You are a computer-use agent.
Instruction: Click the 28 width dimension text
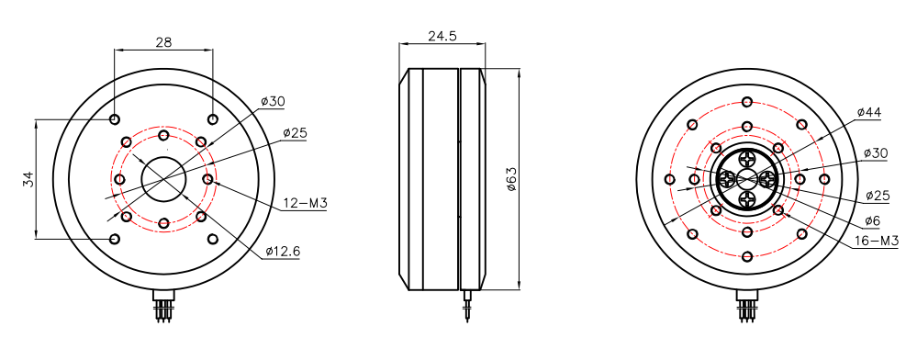point(163,41)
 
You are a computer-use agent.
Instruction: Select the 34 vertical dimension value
point(27,179)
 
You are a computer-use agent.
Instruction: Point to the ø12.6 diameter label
point(283,251)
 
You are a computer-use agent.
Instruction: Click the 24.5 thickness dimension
point(442,37)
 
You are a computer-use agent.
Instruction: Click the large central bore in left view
point(163,179)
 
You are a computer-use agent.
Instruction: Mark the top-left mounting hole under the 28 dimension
point(114,119)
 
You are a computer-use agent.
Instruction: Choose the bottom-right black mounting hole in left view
point(213,239)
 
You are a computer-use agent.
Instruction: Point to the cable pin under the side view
point(469,308)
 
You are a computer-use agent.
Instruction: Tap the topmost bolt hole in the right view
point(747,101)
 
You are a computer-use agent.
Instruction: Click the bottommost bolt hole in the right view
point(747,256)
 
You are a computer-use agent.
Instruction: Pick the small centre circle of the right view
point(747,179)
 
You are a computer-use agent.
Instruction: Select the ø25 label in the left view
point(295,133)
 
